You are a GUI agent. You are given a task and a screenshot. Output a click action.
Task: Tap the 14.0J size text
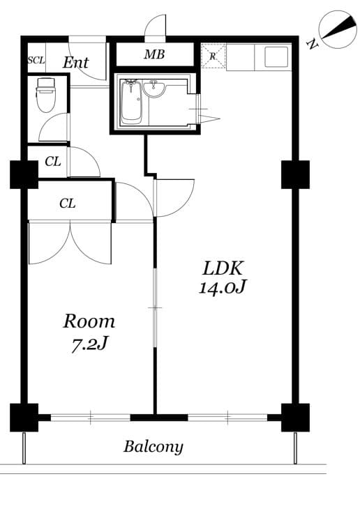pos(222,287)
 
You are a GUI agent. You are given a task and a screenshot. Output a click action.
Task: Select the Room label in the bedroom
pos(89,321)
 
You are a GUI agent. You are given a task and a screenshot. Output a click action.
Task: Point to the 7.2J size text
pos(89,343)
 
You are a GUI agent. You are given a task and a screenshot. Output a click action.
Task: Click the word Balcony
pos(153,447)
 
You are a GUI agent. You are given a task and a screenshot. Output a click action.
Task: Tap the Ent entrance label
pos(75,62)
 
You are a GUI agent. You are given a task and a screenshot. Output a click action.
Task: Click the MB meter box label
pos(154,54)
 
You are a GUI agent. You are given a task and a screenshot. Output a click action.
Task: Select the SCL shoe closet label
pos(36,61)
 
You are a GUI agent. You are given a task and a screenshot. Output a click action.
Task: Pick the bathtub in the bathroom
pos(131,102)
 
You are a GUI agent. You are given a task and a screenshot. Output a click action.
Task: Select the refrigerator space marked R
pos(213,56)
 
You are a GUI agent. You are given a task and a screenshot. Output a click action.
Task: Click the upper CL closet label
pos(52,162)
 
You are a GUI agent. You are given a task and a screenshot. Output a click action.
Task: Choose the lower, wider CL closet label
pos(67,204)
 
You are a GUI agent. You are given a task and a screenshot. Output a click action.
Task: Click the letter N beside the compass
pos(311,45)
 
